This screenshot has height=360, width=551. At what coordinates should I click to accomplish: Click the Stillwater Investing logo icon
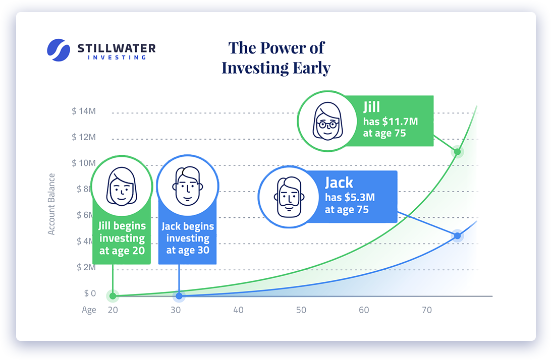click(59, 50)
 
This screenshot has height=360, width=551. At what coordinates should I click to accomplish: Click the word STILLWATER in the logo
click(117, 48)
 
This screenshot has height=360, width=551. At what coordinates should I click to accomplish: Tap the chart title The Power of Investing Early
click(276, 58)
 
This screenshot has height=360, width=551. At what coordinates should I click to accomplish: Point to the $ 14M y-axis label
click(84, 111)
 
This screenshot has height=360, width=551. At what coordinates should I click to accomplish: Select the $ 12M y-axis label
click(84, 137)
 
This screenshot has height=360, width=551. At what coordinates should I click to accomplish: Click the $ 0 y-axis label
click(90, 293)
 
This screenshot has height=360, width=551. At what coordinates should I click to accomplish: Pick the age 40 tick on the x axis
click(238, 310)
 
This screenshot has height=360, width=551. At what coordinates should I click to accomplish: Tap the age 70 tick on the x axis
click(426, 310)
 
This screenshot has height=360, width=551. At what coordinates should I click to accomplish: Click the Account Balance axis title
click(51, 204)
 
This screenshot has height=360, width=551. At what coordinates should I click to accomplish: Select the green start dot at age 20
click(113, 296)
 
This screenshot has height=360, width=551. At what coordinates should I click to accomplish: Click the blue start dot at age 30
click(179, 296)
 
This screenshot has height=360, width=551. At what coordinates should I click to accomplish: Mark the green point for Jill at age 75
click(457, 152)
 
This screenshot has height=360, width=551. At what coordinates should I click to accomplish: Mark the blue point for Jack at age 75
click(457, 235)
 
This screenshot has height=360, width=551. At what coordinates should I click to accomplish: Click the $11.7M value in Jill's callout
click(400, 122)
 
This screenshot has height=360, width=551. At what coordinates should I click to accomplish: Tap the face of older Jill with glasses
click(327, 121)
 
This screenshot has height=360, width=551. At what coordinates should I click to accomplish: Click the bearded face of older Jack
click(289, 197)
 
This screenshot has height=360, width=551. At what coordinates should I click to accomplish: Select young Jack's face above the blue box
click(188, 186)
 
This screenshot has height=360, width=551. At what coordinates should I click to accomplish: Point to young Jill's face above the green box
click(122, 186)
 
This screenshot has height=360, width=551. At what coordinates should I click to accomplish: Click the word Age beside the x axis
click(89, 310)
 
